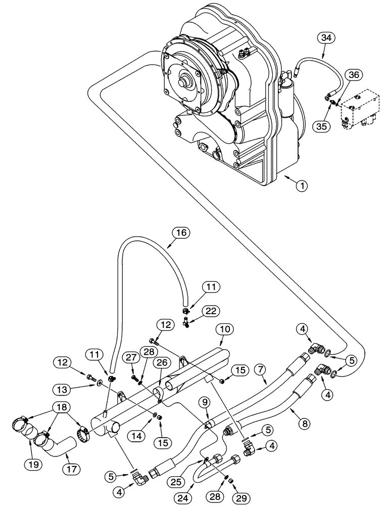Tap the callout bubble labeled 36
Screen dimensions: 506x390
click(354, 75)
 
